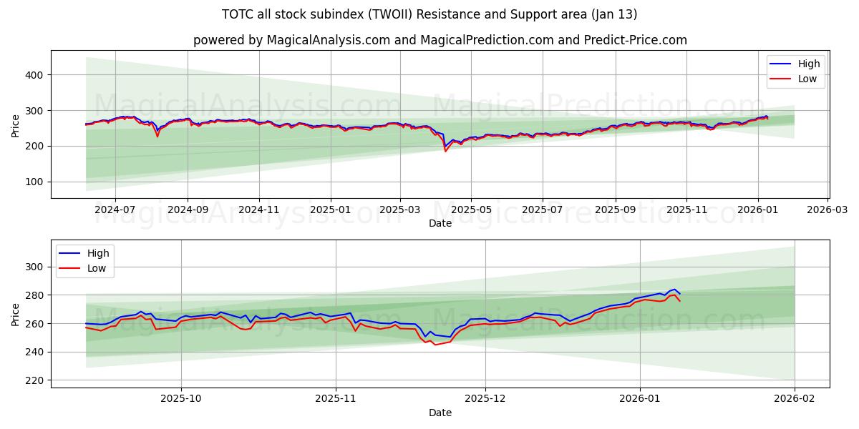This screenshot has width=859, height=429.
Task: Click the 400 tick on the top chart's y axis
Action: click(36, 74)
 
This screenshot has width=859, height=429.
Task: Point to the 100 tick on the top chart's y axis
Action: click(36, 182)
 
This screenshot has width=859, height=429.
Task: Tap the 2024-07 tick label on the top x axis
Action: click(115, 210)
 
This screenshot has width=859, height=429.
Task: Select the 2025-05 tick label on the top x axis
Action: click(471, 210)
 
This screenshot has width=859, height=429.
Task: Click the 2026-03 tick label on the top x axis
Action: click(828, 210)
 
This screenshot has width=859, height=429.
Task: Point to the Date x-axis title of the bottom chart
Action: click(440, 413)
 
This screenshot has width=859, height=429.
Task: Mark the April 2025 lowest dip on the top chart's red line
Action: click(445, 151)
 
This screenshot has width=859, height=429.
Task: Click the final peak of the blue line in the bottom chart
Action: click(674, 290)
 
